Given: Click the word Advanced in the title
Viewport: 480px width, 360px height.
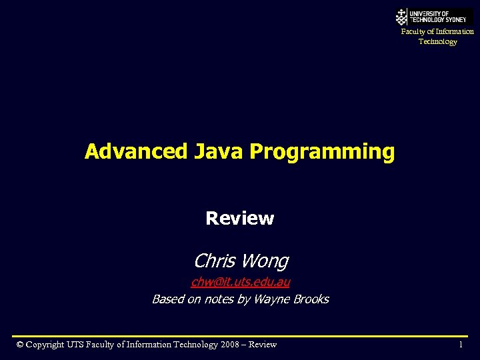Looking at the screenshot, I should coord(136,152).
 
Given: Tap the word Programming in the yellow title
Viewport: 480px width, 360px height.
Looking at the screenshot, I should coord(322,153).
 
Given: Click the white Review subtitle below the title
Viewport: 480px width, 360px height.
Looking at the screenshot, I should coord(239,219).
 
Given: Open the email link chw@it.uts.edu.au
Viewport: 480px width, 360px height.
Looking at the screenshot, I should coord(240,282).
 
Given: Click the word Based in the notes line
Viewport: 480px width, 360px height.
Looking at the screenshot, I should coord(167,299).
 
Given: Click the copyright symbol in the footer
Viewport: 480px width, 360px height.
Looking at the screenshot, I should coord(20,345).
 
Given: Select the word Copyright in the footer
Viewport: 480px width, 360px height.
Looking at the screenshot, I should coord(45,345).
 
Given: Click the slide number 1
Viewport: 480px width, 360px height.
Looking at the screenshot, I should coord(460,345).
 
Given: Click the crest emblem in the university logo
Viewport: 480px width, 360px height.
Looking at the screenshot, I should coord(401,17).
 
